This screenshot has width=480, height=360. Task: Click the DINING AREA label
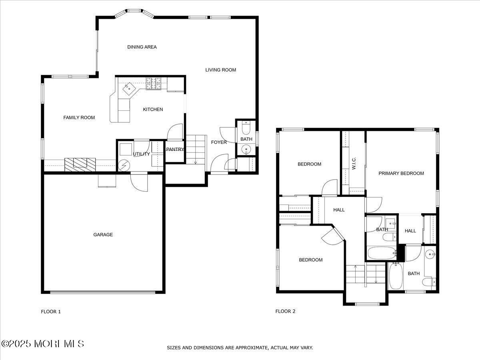point(142,47)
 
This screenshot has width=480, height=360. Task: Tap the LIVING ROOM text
point(221,70)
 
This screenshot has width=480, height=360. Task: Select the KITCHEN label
point(153,109)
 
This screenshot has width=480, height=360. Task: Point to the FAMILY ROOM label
point(79,118)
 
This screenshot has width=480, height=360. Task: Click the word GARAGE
point(103,235)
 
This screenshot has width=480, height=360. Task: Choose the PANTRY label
point(175,150)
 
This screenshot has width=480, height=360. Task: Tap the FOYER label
point(219,142)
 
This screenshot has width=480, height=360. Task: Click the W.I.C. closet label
point(354,163)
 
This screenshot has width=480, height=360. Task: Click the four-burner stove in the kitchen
point(153,83)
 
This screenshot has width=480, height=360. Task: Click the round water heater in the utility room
point(124,164)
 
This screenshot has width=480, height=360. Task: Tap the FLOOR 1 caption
point(51,312)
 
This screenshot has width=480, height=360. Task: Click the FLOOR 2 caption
point(285,311)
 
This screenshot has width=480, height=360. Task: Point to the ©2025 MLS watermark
point(42,344)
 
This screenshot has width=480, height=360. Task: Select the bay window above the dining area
point(134,12)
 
